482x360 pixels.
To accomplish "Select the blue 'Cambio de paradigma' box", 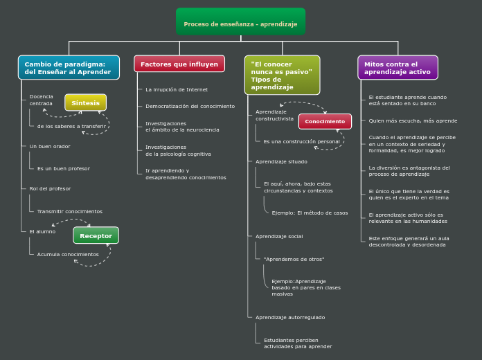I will tap(69, 68).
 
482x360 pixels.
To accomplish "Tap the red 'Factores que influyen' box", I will tap(179, 64).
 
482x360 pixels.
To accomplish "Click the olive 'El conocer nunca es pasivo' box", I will tap(282, 75).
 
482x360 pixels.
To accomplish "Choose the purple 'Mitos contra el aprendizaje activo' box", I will tap(398, 68).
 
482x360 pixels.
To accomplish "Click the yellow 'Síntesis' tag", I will tap(86, 102).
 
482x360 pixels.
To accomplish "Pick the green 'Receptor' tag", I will tap(96, 235).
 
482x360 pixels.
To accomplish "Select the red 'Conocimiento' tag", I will tap(325, 121).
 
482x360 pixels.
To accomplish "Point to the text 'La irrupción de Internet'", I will tap(177, 89).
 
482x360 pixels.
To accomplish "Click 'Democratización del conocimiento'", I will tap(190, 106).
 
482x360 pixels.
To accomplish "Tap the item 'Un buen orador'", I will tap(50, 146).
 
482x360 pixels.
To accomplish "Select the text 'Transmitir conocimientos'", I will tap(70, 211).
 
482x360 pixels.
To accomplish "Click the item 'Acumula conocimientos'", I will tap(68, 254).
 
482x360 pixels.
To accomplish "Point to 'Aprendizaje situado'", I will tap(281, 161).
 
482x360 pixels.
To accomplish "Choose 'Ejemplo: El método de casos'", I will tap(310, 213).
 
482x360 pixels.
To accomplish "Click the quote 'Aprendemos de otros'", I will tap(294, 259).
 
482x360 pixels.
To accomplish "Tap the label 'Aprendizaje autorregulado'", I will tap(290, 317).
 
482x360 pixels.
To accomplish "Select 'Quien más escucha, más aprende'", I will tap(413, 120).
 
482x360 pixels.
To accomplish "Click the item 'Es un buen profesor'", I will tap(64, 168).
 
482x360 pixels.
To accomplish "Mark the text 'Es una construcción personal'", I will tap(301, 141).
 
